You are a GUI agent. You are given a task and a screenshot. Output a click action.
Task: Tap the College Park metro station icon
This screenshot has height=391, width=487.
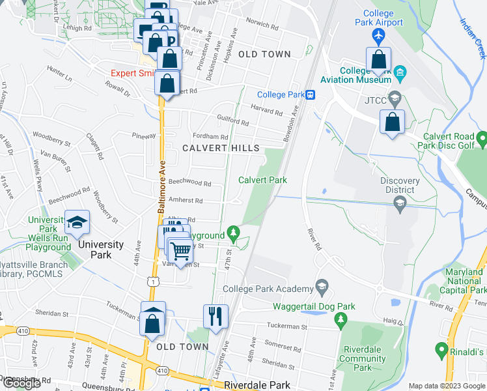[x=311, y=94]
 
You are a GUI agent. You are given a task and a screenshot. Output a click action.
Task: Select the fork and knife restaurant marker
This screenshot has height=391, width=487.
[x=216, y=317]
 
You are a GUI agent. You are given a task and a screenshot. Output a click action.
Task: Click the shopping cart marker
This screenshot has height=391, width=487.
[x=181, y=250]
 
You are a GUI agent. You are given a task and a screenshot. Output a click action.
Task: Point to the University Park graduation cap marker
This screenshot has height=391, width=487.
[x=77, y=223]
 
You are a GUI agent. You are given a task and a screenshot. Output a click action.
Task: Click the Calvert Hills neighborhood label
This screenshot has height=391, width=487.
[x=221, y=148]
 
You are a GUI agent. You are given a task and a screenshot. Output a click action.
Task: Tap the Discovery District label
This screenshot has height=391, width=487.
[x=400, y=185]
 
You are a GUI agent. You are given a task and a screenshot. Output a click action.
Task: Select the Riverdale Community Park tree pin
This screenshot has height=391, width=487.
[x=339, y=319]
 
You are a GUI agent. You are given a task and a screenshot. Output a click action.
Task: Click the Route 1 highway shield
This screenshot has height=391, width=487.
[x=152, y=281]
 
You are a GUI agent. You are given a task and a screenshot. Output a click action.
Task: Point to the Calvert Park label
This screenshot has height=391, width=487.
[x=262, y=180]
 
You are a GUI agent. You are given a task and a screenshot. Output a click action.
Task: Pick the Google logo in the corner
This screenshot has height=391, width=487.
[x=21, y=383]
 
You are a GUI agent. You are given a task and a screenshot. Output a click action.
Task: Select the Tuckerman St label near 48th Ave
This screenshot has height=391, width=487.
[x=286, y=326]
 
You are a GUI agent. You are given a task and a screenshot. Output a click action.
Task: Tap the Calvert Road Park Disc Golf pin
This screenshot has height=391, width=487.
[x=482, y=139]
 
